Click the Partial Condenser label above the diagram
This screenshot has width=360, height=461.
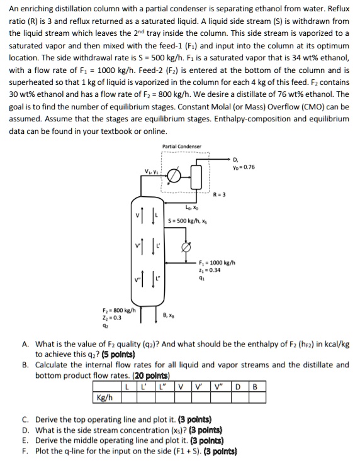[182, 147]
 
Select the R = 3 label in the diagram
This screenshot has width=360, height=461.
[220, 194]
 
